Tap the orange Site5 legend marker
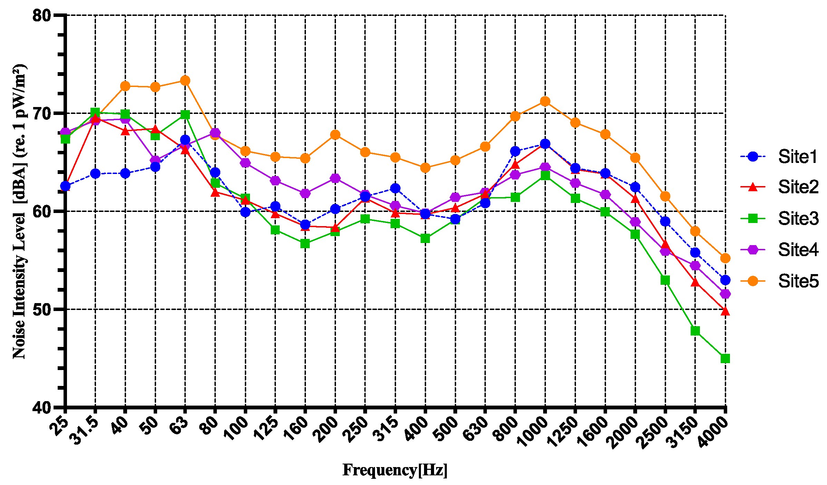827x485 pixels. (753, 281)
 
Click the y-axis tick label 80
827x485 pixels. (41, 15)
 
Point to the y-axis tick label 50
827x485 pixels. (41, 309)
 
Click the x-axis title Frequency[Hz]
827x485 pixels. (395, 470)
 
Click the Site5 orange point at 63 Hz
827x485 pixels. (185, 81)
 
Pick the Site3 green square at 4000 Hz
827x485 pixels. (725, 359)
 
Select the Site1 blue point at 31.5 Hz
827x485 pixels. (95, 174)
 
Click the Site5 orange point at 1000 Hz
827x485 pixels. (545, 101)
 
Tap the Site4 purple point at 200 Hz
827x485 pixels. (335, 178)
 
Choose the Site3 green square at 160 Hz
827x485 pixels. (305, 244)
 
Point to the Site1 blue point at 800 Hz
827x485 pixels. (515, 151)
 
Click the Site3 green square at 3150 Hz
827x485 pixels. (695, 331)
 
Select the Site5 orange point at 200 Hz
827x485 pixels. (335, 135)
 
